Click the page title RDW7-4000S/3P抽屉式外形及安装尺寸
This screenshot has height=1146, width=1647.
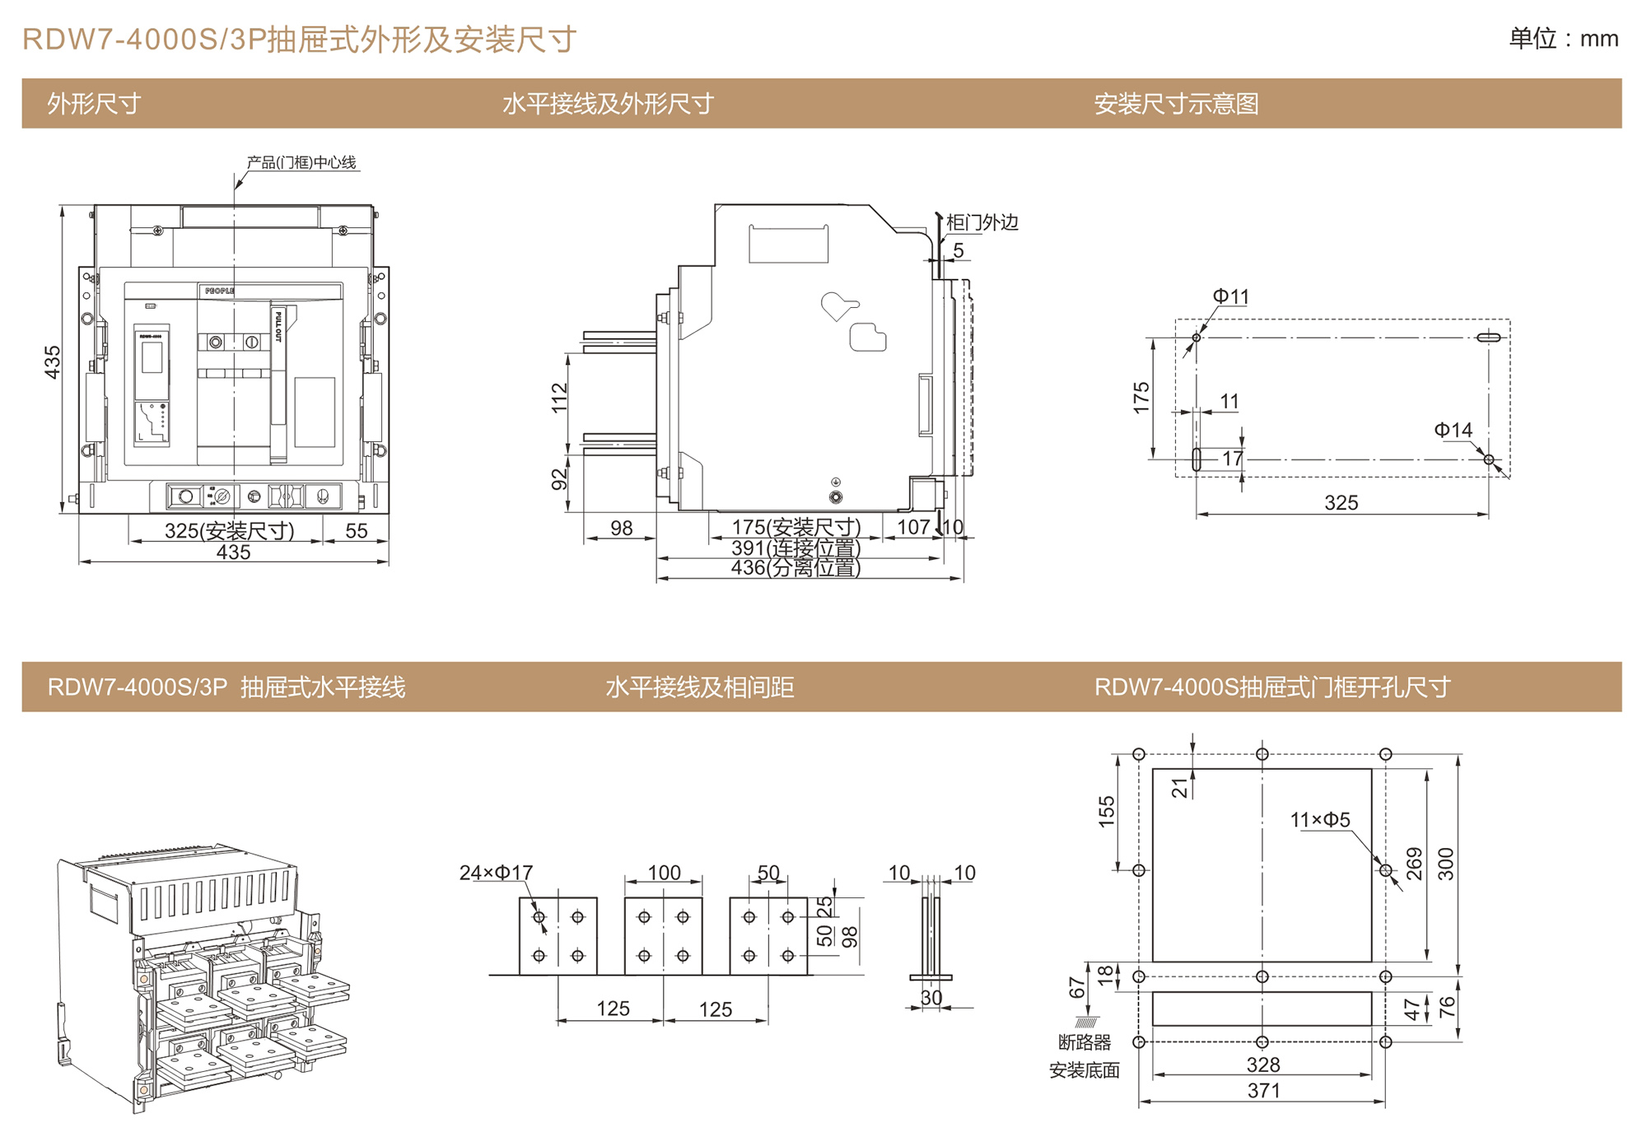coord(299,40)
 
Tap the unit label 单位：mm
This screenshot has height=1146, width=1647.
coord(1562,39)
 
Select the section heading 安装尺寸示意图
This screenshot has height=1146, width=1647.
coord(1175,104)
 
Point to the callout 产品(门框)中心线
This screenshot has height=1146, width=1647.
coord(301,162)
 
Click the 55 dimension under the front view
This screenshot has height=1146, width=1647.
coord(356,531)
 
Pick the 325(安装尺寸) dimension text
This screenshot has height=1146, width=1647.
coord(229,531)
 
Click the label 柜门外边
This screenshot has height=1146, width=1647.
coord(982,222)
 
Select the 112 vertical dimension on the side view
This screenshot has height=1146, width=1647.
coord(559,398)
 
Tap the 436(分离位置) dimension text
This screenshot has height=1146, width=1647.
coord(796,568)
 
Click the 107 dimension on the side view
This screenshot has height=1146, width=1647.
coord(912,527)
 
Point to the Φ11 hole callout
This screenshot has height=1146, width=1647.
coord(1230,296)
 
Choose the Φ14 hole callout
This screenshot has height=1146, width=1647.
coord(1453,431)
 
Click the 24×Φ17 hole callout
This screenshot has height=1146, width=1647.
coord(496,873)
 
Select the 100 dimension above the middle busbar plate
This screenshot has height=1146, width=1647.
coord(664,873)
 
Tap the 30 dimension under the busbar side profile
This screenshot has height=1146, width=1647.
coord(931,998)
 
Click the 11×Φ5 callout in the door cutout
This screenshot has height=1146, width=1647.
coord(1319,820)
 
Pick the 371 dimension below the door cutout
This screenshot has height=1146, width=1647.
coord(1263,1091)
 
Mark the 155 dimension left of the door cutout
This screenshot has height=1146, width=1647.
coord(1106,812)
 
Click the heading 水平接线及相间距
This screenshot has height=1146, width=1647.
coord(699,687)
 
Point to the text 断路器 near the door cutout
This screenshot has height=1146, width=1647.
coord(1084,1042)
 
